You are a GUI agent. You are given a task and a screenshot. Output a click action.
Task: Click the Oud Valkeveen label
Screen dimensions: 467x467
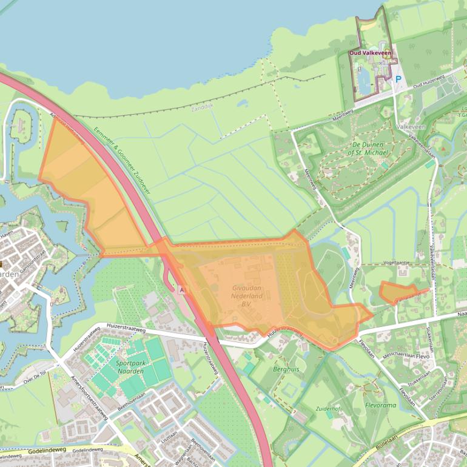click(x=371, y=53)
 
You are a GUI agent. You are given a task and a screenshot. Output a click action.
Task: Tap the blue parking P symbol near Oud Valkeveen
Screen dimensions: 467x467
click(x=398, y=79)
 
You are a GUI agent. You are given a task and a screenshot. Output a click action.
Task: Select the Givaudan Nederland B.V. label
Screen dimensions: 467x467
click(x=247, y=296)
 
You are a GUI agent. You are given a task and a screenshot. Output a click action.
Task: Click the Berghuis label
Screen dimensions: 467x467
click(x=286, y=369)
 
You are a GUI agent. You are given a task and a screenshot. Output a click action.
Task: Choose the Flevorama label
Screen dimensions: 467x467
click(x=380, y=405)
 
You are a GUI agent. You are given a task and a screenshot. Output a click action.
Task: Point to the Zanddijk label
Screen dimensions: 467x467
click(x=203, y=110)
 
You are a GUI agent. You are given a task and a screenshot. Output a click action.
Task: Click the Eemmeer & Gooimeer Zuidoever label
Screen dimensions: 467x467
click(x=122, y=160)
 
